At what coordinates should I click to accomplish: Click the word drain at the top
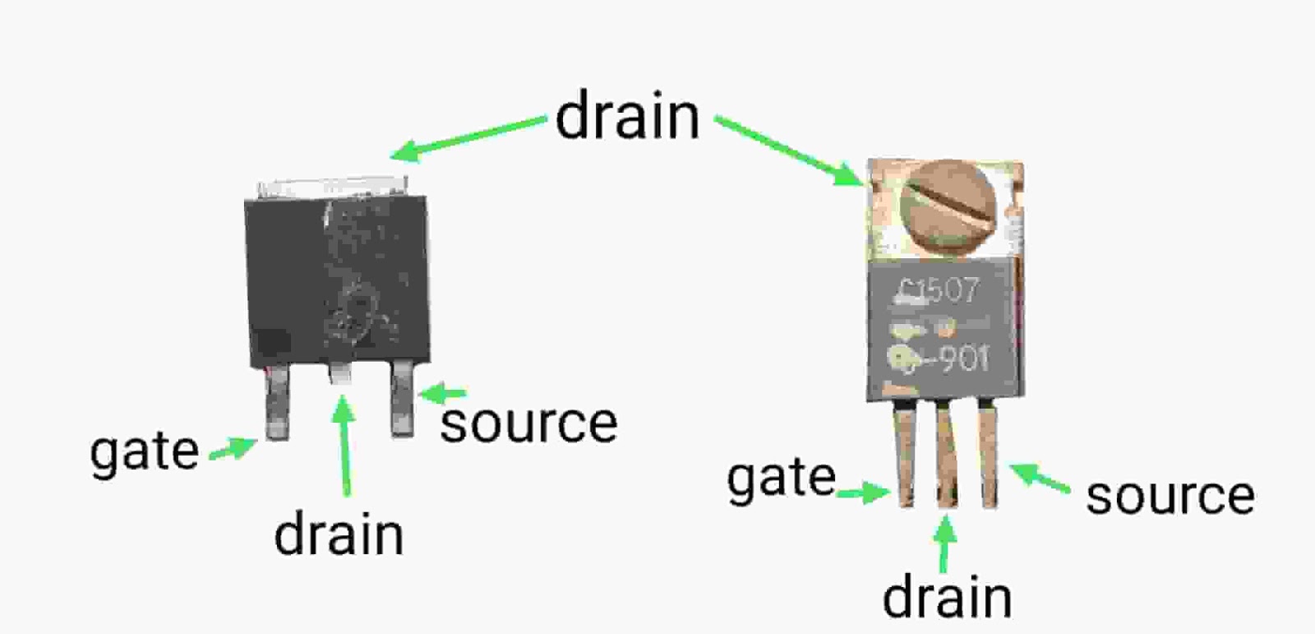627,117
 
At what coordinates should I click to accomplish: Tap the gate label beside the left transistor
145,451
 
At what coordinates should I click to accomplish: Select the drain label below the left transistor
339,535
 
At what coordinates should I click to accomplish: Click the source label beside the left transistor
528,423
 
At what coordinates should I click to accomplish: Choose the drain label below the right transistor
947,598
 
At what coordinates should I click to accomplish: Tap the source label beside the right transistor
1170,495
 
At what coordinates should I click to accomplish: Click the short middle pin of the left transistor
340,374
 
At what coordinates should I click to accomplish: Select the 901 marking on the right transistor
963,359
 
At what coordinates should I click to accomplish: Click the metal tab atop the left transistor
332,187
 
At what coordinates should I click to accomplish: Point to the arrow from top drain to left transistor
468,137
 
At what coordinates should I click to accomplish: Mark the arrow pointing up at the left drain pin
344,444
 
